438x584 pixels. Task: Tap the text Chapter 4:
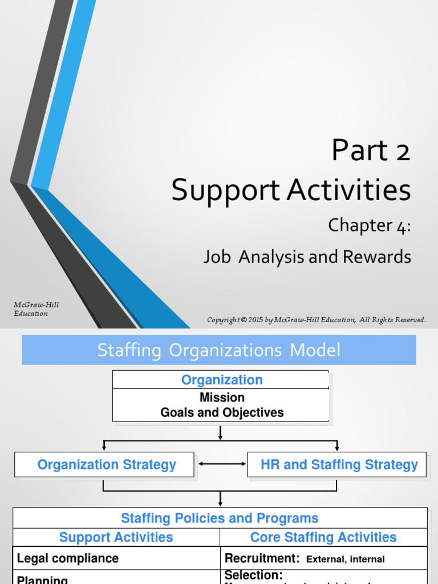click(369, 226)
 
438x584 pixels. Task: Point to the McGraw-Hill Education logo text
click(36, 309)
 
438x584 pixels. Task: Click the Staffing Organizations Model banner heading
click(218, 350)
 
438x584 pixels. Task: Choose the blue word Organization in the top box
click(222, 380)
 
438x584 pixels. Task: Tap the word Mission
click(222, 398)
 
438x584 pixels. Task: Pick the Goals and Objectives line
click(222, 412)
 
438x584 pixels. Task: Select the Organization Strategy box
click(106, 465)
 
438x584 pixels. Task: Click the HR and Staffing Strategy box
click(339, 465)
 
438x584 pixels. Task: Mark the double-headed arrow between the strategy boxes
click(221, 464)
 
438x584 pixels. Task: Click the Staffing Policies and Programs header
click(220, 518)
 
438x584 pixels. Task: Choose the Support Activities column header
click(116, 537)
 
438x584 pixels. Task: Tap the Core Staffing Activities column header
click(323, 537)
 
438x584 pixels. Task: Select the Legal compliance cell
click(68, 558)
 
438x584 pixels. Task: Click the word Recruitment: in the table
click(262, 558)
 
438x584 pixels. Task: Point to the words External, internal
click(346, 559)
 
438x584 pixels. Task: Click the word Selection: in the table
click(254, 575)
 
